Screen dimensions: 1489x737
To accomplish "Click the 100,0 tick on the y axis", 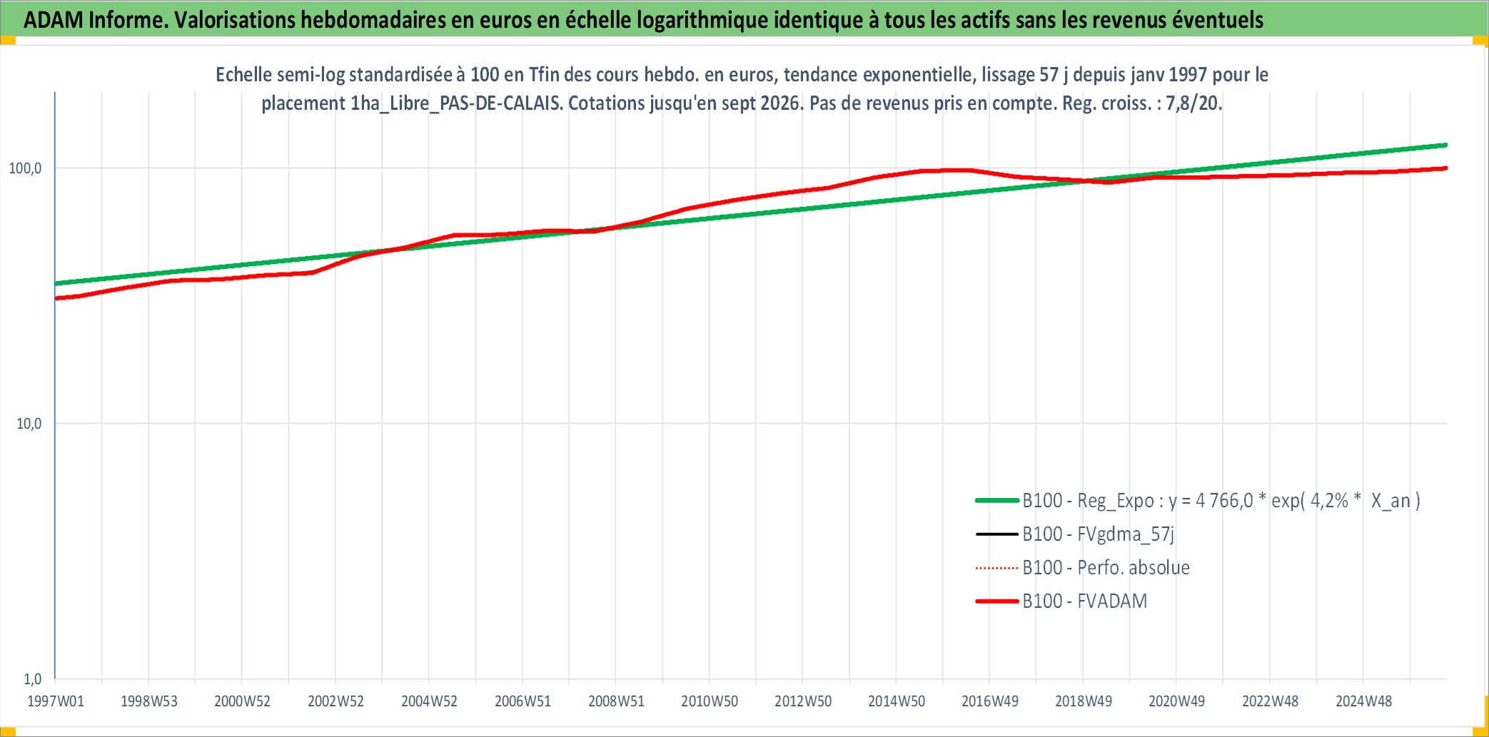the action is pos(25,168).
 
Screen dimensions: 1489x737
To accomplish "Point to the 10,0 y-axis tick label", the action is pos(29,424).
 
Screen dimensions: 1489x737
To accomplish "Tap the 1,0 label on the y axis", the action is pos(33,679).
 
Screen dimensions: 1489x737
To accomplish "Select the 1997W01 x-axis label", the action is pos(56,701).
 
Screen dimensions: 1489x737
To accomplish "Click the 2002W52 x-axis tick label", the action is pos(335,701).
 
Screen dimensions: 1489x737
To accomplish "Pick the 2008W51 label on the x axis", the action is pos(616,701).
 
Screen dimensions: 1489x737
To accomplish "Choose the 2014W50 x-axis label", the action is pos(897,701).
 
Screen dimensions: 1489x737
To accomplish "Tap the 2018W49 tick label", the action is pos(1084,701).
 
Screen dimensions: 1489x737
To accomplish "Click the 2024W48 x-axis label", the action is pos(1364,701).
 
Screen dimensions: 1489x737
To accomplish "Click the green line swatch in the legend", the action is pos(997,501).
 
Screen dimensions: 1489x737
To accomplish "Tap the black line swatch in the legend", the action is pos(997,534).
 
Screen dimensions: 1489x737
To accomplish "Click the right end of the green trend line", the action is pos(1446,145).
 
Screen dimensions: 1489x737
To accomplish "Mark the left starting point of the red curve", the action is pos(56,298).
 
